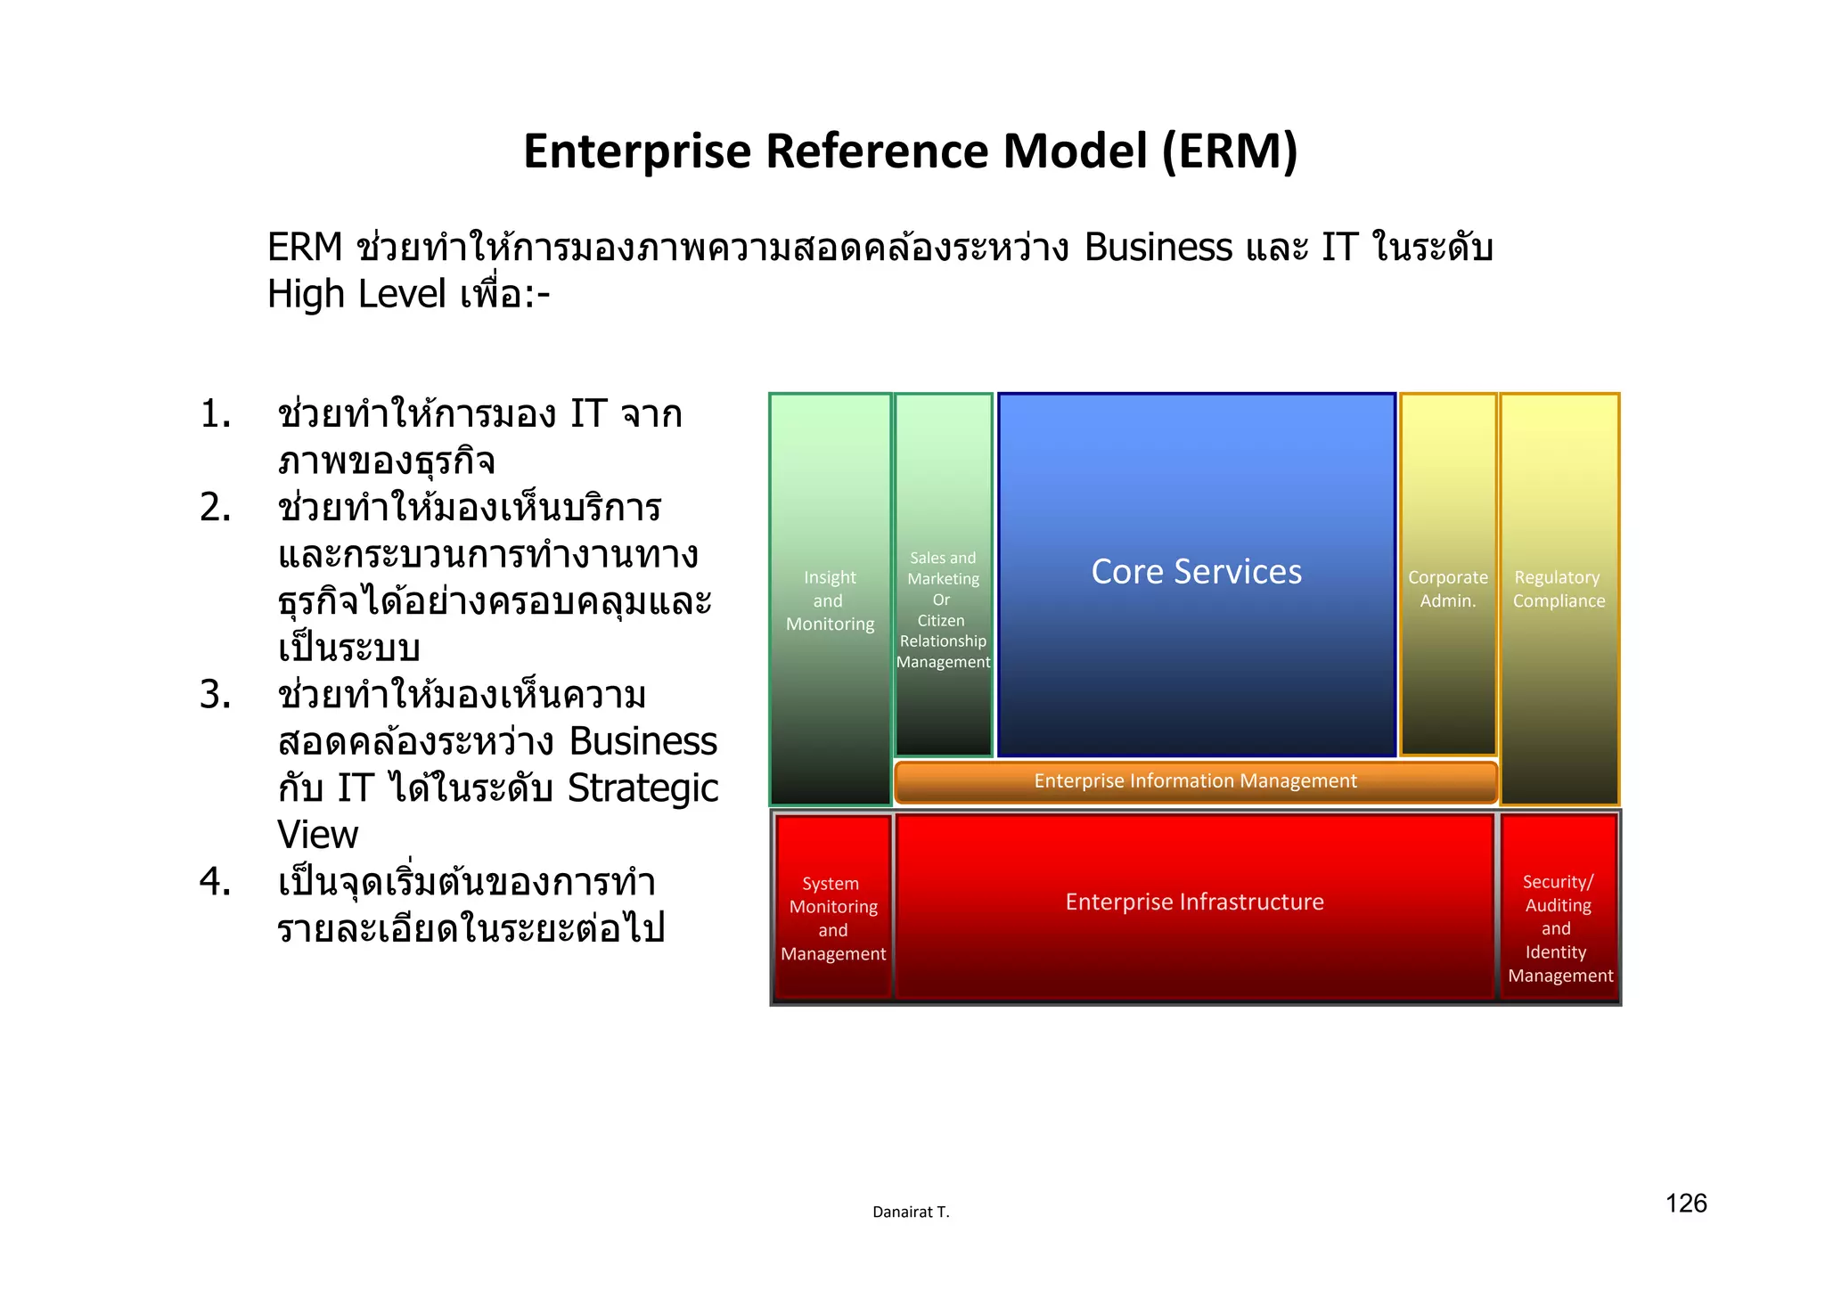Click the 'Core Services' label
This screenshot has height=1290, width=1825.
pos(1196,572)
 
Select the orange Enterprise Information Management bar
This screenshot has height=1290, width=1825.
pos(1195,781)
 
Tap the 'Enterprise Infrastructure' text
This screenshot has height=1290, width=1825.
pos(1194,902)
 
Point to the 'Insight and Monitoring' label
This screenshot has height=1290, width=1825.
pos(830,601)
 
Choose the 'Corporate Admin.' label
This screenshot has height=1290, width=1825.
pos(1447,589)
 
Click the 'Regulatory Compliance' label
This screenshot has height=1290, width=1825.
pos(1559,589)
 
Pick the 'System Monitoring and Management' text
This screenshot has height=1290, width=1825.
pos(833,919)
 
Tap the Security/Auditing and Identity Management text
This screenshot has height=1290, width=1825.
pos(1559,928)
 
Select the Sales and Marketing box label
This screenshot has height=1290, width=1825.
pos(943,610)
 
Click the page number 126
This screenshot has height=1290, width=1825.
pos(1686,1204)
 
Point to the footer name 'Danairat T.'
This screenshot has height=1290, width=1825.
pos(911,1212)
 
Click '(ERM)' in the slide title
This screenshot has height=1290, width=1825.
pos(1230,151)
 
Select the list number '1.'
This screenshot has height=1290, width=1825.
pos(216,414)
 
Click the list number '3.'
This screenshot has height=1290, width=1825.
pos(216,695)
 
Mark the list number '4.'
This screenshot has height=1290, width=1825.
pos(216,882)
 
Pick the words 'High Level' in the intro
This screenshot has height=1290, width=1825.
pos(356,294)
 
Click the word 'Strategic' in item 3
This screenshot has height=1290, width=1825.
pos(642,788)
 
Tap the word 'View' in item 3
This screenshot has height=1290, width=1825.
pos(318,835)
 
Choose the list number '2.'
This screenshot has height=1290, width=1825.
pos(216,508)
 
